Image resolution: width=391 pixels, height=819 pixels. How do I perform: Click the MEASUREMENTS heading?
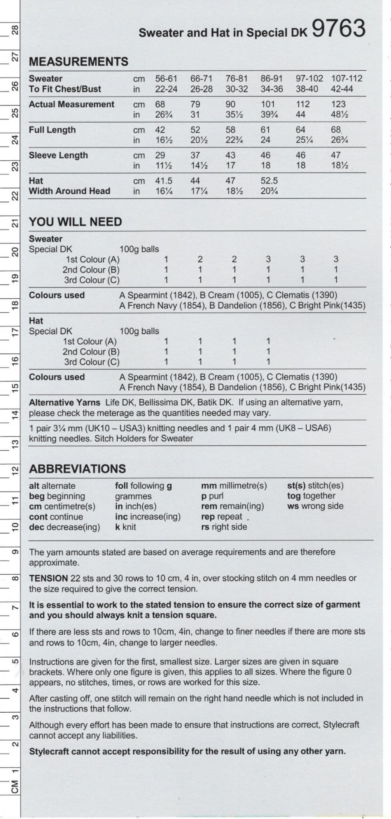[78, 62]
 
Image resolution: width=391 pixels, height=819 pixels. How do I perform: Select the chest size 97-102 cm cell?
[309, 78]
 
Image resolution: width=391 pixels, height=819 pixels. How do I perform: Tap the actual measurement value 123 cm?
[338, 104]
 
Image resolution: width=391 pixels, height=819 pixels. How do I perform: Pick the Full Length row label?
[52, 130]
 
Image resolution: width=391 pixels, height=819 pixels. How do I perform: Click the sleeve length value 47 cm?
[335, 155]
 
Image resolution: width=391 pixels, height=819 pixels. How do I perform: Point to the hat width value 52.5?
[269, 181]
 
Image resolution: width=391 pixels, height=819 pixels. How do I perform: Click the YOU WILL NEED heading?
[75, 222]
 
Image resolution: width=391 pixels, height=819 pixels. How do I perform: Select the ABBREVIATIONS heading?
[77, 469]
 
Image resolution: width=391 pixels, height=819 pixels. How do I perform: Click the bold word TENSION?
[48, 578]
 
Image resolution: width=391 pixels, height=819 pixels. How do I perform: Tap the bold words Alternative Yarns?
[64, 402]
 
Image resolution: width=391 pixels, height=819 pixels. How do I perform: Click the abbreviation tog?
[294, 496]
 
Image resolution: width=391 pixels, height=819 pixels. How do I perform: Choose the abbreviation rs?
[205, 527]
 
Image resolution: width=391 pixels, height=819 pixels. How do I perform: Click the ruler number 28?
[15, 30]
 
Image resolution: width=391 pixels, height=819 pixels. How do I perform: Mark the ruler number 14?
[15, 415]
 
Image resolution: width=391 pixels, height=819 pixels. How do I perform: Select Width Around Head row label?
[69, 191]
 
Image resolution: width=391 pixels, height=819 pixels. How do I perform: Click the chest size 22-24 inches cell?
[166, 89]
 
